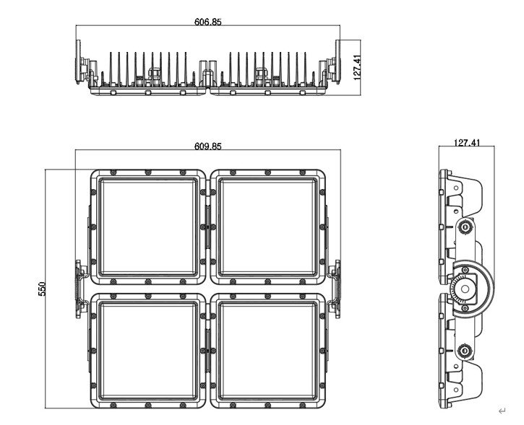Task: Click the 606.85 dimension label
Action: pos(208,22)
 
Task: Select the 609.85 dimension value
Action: pos(208,146)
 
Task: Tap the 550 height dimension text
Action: pos(42,289)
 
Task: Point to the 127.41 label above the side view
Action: pos(467,143)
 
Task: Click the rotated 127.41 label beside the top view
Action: pos(357,67)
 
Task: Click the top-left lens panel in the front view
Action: pos(148,227)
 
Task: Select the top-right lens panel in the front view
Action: pos(267,227)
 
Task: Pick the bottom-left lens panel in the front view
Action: pos(148,351)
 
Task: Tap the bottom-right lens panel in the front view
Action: pos(267,351)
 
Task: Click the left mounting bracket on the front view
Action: pos(80,289)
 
